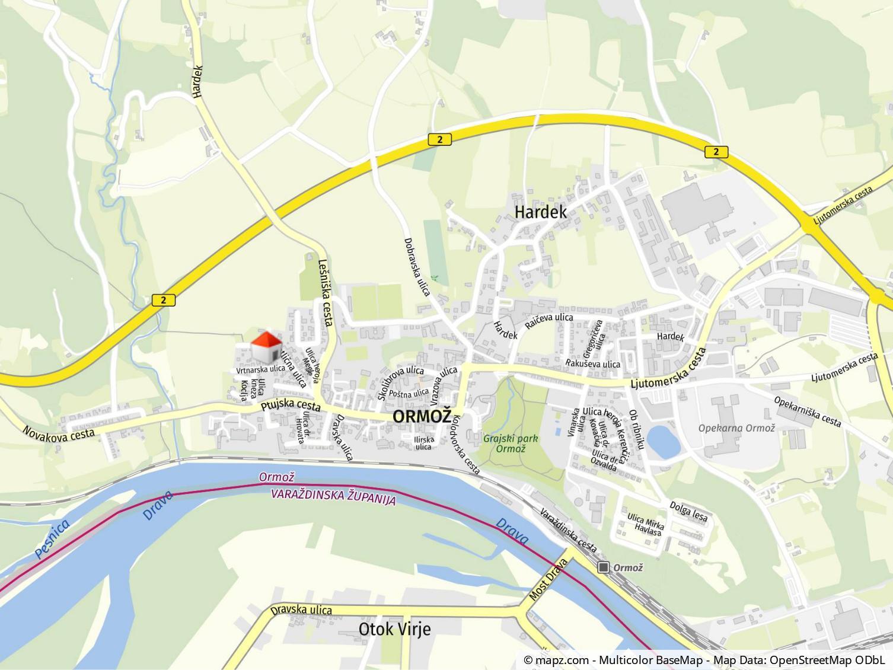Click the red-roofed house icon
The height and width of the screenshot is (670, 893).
(x=267, y=347)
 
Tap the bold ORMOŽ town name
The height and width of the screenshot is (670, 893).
(x=422, y=416)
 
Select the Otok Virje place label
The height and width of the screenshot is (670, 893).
(x=394, y=629)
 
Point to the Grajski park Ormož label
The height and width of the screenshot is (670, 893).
(x=511, y=444)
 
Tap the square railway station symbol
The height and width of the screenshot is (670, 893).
(x=604, y=567)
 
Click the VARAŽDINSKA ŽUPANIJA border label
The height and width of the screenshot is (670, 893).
(x=333, y=496)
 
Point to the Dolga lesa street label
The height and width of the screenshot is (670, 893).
(x=688, y=511)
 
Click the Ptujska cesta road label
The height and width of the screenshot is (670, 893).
(x=291, y=407)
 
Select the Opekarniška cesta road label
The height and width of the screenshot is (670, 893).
(x=808, y=411)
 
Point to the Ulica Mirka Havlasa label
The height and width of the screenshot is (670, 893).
(x=646, y=524)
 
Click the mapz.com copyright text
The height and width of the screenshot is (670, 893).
(x=705, y=660)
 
